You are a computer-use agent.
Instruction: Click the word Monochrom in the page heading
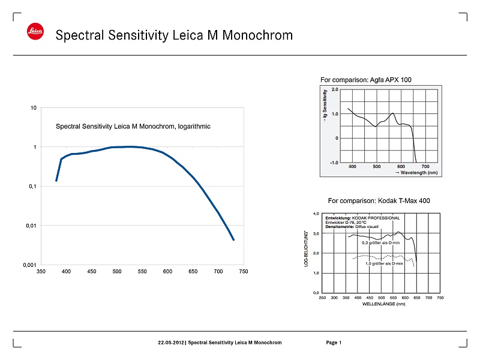[257, 35]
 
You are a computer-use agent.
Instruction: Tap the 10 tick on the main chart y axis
[34, 108]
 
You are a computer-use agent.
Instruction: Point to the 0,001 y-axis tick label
[29, 265]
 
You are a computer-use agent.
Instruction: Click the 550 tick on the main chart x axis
[142, 272]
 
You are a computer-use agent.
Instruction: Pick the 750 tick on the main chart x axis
[244, 272]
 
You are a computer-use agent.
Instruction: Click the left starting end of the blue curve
[56, 180]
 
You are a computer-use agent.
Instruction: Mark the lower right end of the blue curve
[233, 240]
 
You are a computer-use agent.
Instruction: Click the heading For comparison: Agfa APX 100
[366, 79]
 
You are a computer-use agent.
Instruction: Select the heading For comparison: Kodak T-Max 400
[379, 200]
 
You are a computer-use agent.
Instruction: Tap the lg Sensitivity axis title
[325, 103]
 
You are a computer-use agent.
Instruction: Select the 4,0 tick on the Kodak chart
[316, 214]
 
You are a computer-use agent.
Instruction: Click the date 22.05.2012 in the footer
[171, 343]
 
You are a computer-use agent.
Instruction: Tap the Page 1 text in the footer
[334, 343]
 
